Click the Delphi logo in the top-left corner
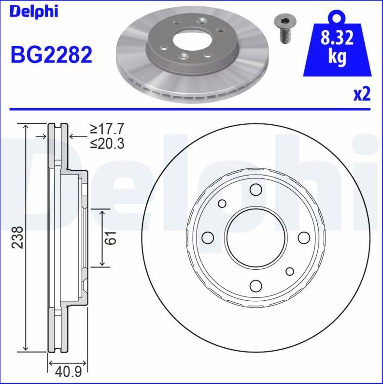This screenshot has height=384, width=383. click(x=33, y=11)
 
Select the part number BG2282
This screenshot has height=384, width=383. click(x=51, y=55)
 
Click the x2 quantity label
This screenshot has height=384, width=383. click(x=361, y=94)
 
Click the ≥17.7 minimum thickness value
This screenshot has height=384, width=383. click(x=107, y=129)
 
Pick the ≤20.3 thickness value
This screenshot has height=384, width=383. click(x=107, y=144)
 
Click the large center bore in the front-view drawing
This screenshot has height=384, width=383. click(x=255, y=237)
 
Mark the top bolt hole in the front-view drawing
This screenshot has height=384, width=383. click(x=255, y=190)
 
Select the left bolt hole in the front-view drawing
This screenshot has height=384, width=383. click(x=207, y=237)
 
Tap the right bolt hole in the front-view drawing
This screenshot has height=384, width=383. click(x=303, y=237)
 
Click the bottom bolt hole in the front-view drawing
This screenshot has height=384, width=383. click(x=255, y=285)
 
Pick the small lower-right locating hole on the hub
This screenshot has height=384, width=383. click(x=289, y=271)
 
